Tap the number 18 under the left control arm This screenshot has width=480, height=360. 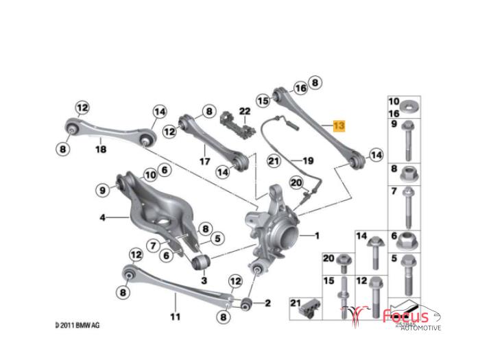(x=101, y=149)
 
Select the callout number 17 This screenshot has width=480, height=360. (x=204, y=163)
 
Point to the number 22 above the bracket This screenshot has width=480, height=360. (x=245, y=111)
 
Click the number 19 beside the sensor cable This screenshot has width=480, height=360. (x=308, y=160)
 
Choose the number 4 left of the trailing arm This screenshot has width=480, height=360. (x=102, y=218)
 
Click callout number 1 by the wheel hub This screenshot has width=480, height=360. (x=317, y=235)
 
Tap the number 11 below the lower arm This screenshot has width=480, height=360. (x=175, y=317)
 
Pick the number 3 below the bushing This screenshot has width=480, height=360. (x=204, y=280)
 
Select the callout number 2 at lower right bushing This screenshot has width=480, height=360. (x=267, y=302)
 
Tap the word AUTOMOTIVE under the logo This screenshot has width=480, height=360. (x=420, y=328)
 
